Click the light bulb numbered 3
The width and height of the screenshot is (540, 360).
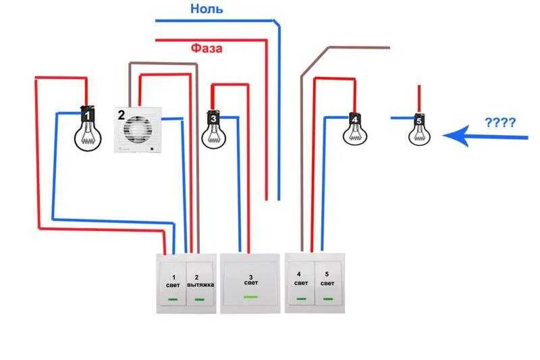coord(213,128)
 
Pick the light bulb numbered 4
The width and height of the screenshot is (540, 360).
coord(354,128)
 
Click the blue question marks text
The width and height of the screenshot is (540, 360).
coord(500,123)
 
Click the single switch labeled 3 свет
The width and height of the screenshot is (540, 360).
coord(250,283)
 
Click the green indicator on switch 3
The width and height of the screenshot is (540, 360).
coord(250,297)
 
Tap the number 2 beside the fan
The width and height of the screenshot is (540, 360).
coord(122,114)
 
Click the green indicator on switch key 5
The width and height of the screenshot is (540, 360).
coord(328,297)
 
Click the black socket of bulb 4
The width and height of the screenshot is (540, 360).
coord(354,119)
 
